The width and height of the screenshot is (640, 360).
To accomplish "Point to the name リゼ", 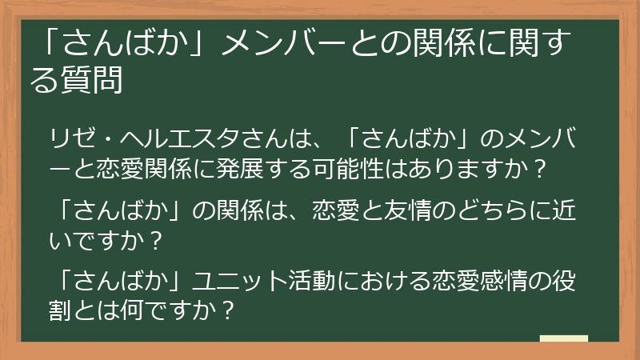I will (x=72, y=137).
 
